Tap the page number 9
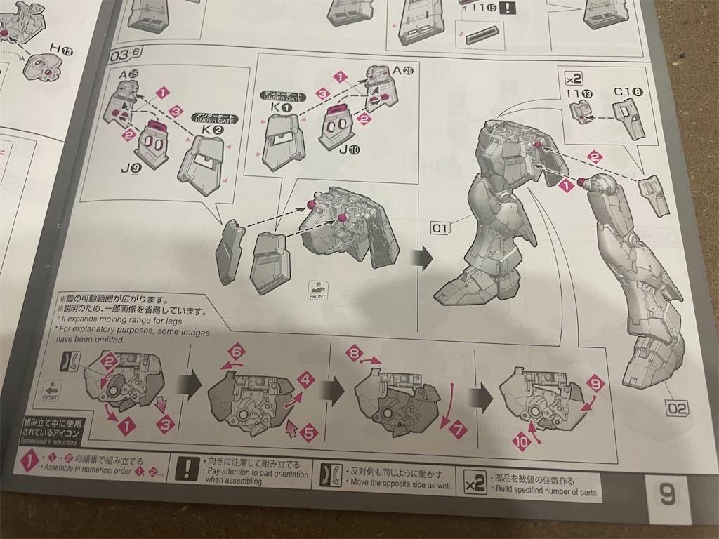(666, 495)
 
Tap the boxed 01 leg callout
(440, 228)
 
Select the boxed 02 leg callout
(678, 406)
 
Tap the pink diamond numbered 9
(595, 384)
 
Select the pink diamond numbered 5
(309, 433)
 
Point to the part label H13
(60, 48)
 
